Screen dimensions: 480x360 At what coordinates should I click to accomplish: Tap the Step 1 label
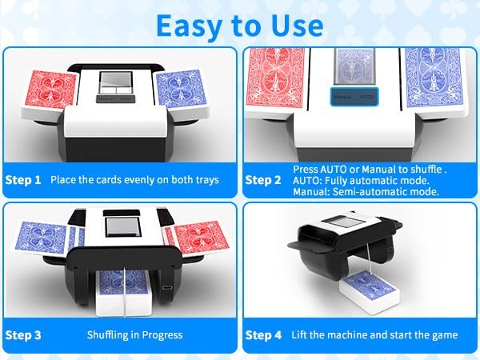23,180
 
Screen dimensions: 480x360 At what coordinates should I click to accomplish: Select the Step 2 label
263,180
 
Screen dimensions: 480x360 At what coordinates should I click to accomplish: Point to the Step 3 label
23,335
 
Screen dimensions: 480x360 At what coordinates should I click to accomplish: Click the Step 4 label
263,335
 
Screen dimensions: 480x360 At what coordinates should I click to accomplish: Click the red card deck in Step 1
53,90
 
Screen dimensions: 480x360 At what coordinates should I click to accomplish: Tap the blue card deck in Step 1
182,89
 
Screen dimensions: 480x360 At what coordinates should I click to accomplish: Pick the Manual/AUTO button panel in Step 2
354,97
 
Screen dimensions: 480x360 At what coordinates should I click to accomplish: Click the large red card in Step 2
277,78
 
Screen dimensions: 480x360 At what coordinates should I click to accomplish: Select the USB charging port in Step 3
167,288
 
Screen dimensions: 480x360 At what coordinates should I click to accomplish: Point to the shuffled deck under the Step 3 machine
123,293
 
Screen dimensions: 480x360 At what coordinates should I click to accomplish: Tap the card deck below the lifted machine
369,291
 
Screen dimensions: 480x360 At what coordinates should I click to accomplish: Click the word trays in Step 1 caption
208,180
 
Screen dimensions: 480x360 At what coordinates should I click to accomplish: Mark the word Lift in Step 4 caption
298,334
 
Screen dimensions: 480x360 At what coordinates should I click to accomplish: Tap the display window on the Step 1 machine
116,82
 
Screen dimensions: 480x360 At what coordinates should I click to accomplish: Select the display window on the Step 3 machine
122,227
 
